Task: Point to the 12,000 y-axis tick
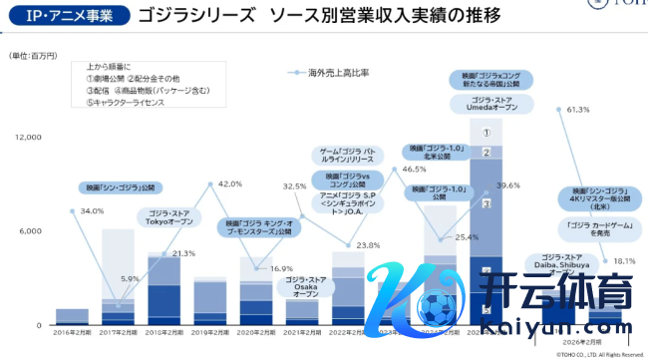[26, 137]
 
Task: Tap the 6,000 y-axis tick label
[30, 231]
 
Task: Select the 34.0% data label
[92, 211]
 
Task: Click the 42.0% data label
[230, 184]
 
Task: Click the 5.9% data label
[131, 279]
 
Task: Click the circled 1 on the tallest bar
[486, 132]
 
